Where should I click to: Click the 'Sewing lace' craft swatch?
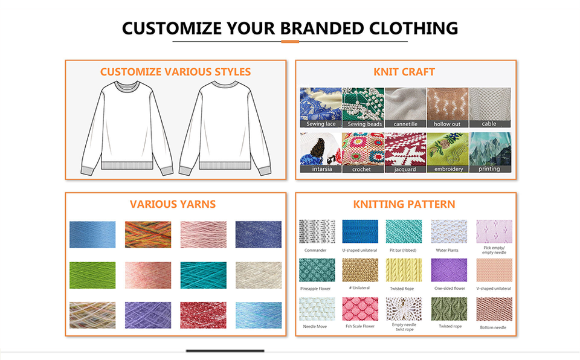321,108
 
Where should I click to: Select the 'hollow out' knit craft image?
448,108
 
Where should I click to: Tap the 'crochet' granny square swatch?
363,152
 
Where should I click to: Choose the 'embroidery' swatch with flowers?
448,152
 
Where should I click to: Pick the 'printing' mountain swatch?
490,152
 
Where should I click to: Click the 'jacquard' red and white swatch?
405,152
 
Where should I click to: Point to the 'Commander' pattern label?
315,251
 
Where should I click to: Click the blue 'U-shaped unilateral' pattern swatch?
360,231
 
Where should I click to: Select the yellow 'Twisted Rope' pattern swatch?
404,270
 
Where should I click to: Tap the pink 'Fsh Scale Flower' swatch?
360,309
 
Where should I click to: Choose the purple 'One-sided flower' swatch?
449,270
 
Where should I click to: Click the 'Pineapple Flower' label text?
315,289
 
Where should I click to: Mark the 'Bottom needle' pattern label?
493,327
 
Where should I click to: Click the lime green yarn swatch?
92,275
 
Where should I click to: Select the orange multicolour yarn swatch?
148,234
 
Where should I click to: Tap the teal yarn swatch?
204,275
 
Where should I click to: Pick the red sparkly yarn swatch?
204,315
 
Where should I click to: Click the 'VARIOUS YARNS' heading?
173,204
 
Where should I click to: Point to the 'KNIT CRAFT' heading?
404,72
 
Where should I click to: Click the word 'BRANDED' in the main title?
322,28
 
